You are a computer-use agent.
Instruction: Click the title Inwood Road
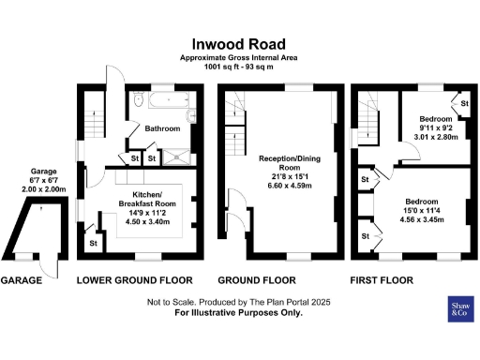[x=240, y=43]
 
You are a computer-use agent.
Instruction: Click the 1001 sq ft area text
[x=240, y=68]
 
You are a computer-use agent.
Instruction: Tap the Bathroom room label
[x=161, y=128]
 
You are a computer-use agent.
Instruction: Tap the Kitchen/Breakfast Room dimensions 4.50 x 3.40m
[x=142, y=223]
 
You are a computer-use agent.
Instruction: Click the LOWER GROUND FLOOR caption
[x=134, y=280]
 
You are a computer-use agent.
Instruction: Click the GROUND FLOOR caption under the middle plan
[x=257, y=280]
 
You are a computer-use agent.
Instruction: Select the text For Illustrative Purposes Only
[x=240, y=313]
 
